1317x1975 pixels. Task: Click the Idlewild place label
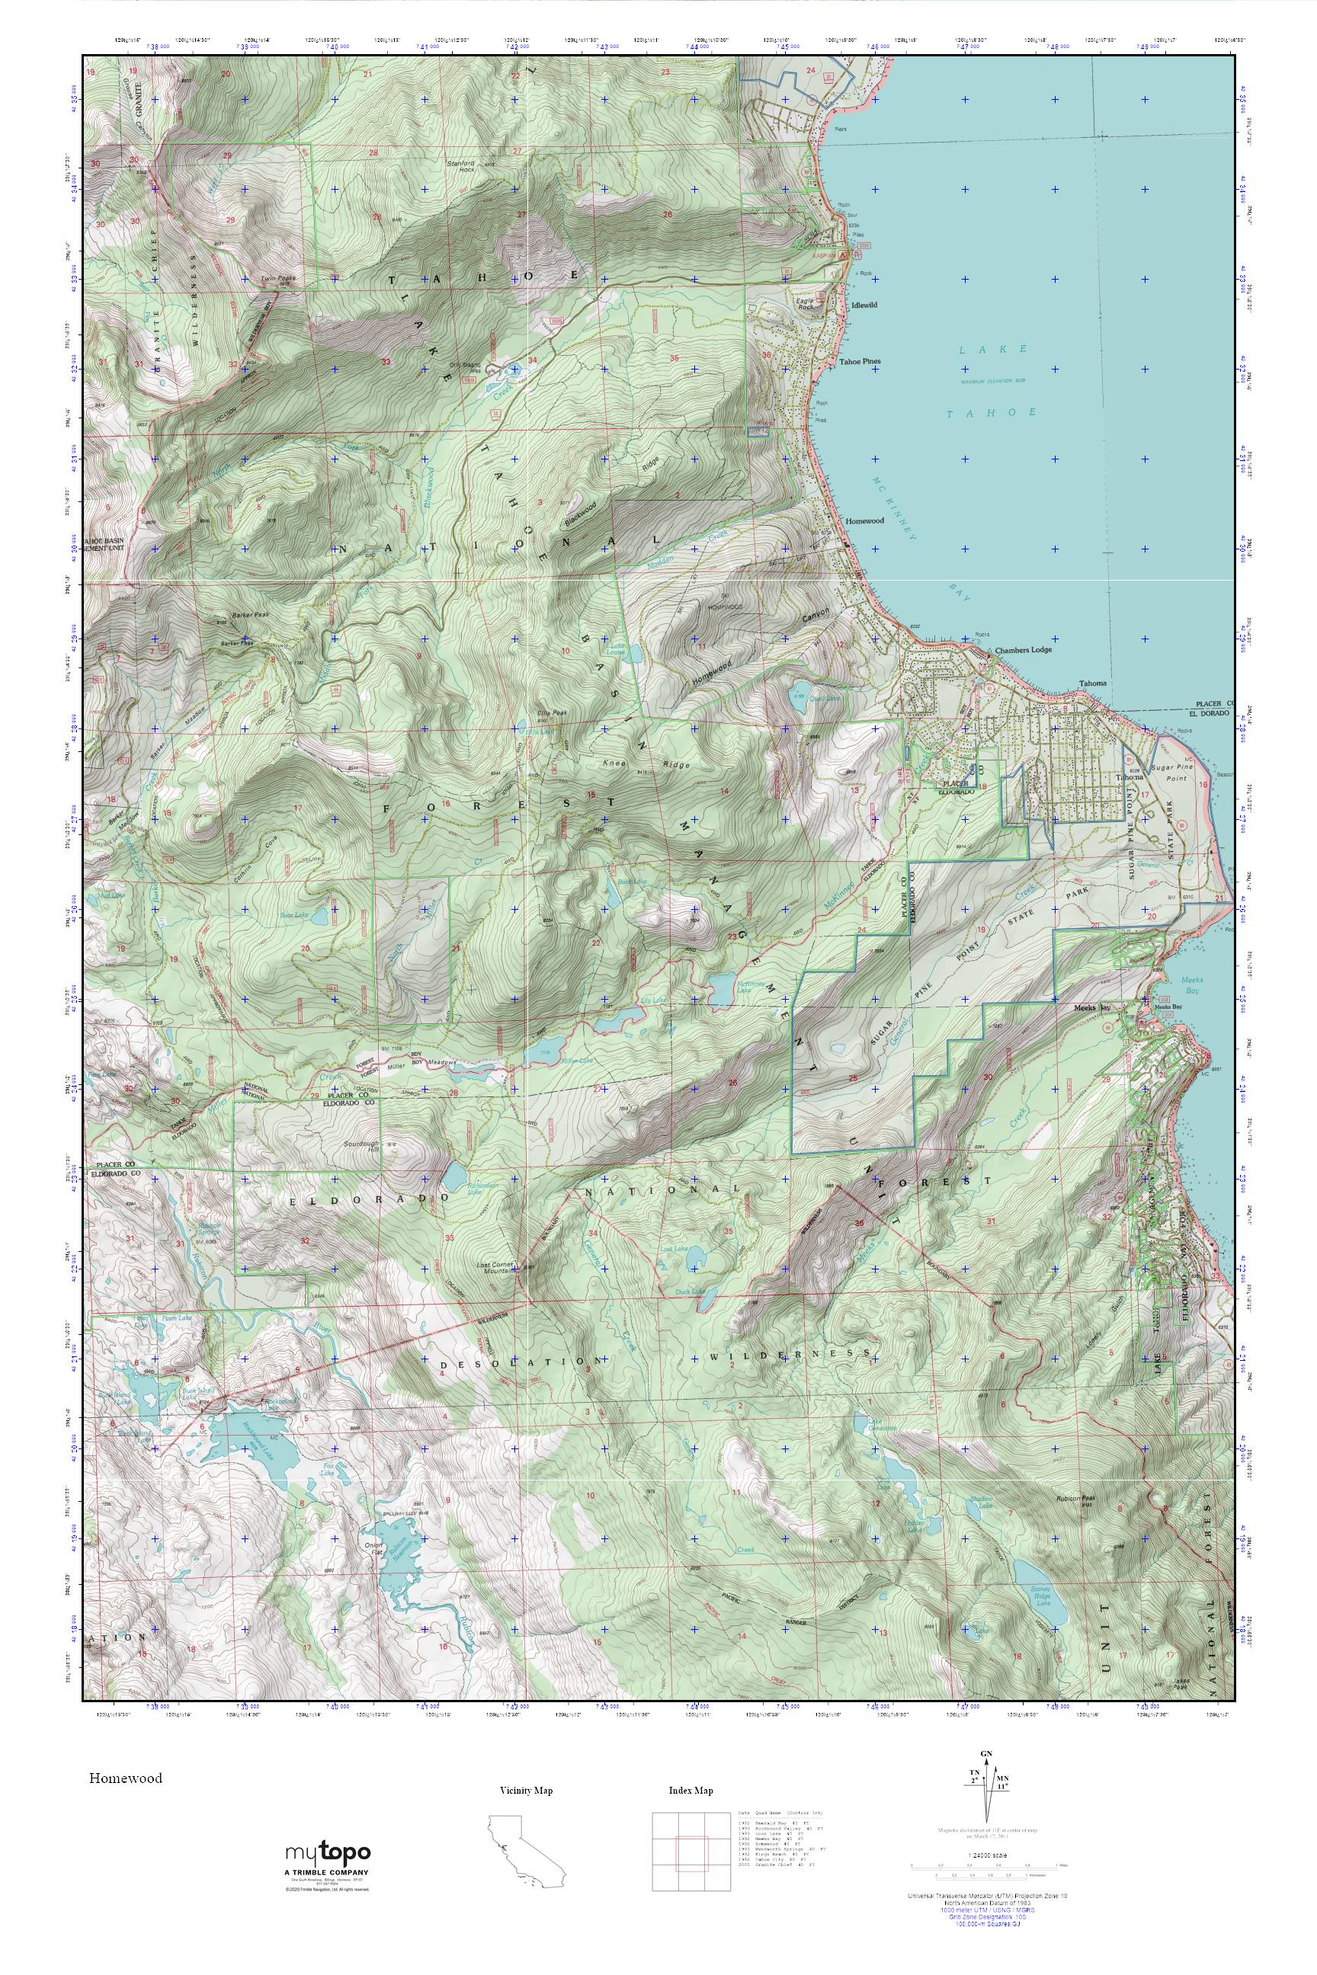(x=864, y=305)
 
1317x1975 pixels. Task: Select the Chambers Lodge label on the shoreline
(x=1023, y=650)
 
